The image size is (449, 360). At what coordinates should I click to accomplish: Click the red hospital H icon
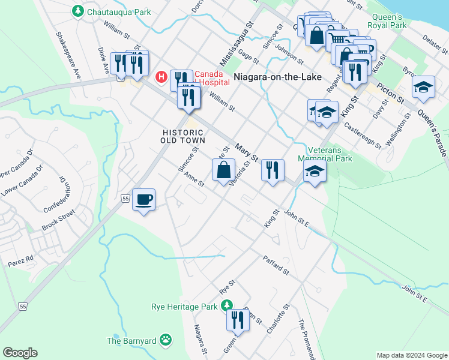(161, 77)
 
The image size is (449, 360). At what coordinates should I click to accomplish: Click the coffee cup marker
(143, 199)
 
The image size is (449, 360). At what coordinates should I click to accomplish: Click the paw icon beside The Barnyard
(165, 340)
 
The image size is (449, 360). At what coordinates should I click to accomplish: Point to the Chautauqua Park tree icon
(77, 11)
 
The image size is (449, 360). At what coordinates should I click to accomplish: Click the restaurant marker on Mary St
(273, 170)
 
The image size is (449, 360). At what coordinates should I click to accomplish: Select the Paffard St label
(276, 265)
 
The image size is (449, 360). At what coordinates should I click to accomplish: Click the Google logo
(20, 353)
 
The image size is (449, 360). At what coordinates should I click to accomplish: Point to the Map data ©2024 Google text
(411, 355)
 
